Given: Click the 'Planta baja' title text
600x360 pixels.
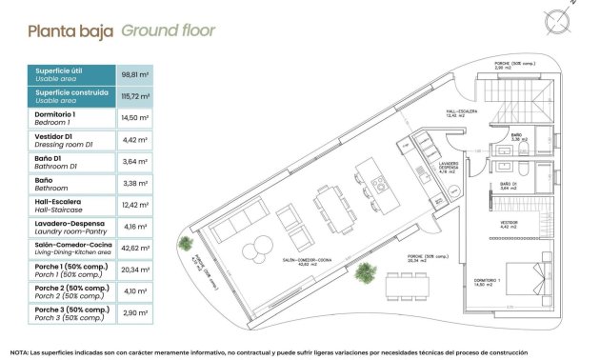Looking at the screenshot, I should click(x=70, y=30).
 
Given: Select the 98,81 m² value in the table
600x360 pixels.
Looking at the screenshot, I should click(x=137, y=73).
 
